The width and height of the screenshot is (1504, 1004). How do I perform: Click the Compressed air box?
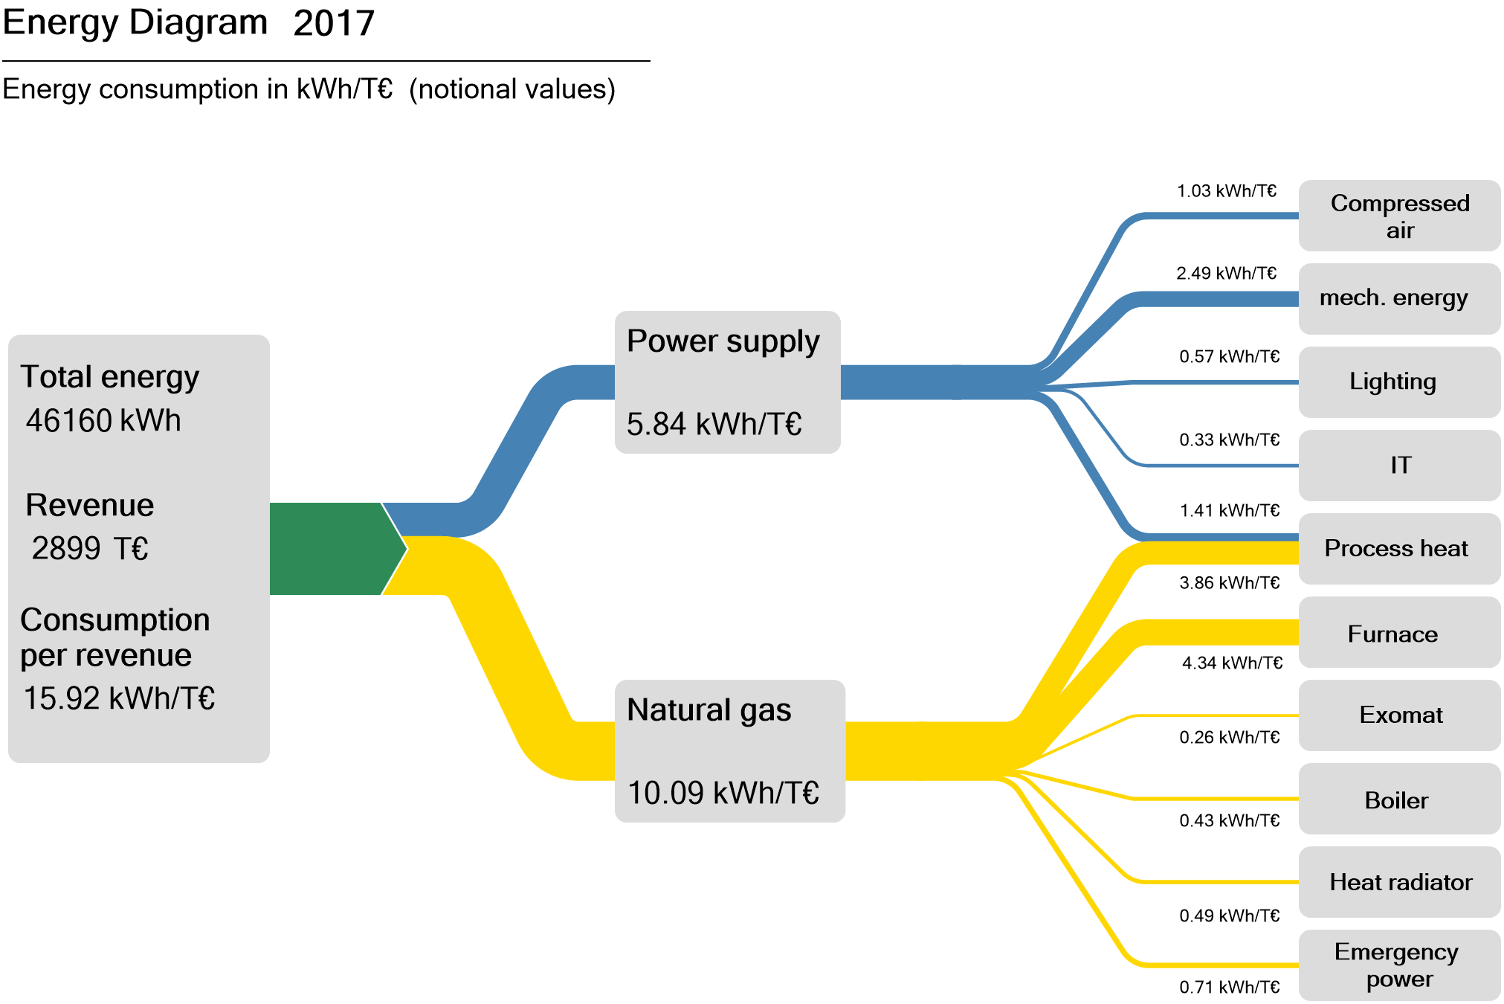point(1399,216)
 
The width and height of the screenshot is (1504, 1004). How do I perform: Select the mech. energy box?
point(1399,298)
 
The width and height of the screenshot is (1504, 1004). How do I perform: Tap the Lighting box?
point(1399,382)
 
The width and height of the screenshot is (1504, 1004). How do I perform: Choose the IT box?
point(1399,465)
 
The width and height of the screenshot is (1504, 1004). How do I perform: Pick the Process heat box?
point(1399,548)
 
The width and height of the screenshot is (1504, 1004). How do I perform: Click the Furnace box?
point(1399,633)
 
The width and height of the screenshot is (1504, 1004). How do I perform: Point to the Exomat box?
point(1399,715)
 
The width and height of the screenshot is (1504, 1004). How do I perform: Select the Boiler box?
point(1399,799)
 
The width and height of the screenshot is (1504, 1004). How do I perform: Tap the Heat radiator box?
point(1399,882)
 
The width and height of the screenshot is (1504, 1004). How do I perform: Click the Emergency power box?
point(1399,965)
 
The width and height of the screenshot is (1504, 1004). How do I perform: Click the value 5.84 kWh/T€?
point(714,424)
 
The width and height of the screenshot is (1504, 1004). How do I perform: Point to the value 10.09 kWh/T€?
point(723,793)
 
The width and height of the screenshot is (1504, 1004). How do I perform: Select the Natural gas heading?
point(709,709)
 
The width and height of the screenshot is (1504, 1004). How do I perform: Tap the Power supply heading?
point(723,341)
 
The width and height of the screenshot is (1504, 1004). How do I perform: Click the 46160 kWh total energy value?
point(103,421)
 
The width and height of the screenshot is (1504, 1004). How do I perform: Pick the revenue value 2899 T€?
point(90,549)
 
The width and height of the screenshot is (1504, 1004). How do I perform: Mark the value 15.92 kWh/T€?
point(119,698)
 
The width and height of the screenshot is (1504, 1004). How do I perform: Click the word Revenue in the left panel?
point(90,506)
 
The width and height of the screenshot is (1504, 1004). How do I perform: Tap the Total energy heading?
point(109,377)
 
